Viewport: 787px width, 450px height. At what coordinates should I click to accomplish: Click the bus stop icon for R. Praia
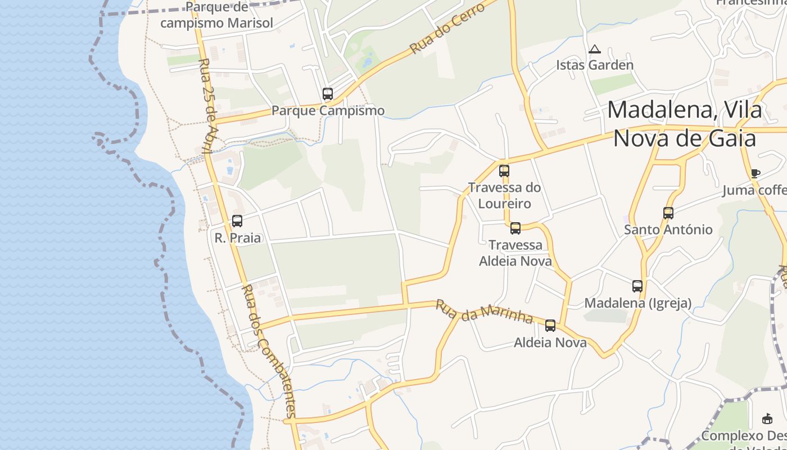(x=237, y=221)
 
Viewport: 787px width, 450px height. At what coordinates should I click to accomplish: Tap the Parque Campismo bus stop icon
(x=328, y=94)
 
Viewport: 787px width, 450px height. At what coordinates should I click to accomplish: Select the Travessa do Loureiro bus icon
(x=504, y=171)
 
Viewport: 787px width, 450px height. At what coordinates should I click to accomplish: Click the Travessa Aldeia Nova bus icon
(x=515, y=228)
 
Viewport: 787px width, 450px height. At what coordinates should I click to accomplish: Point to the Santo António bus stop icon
(x=668, y=213)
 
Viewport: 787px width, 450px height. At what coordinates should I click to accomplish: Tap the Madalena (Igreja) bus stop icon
(x=637, y=286)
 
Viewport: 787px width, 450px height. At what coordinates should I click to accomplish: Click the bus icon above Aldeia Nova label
(x=550, y=325)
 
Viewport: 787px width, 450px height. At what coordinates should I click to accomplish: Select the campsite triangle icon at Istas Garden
(x=594, y=49)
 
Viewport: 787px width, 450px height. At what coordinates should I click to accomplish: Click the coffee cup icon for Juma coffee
(x=755, y=173)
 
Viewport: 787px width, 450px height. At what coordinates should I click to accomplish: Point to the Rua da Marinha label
(x=484, y=312)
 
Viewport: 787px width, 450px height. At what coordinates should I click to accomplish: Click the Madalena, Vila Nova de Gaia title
(x=684, y=124)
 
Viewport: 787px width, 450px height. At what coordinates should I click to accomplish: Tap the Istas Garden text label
(x=595, y=65)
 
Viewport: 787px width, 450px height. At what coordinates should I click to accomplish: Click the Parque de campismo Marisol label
(x=216, y=15)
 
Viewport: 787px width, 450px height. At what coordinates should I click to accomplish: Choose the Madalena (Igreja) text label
(x=637, y=303)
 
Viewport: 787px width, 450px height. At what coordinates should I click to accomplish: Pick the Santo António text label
(x=668, y=229)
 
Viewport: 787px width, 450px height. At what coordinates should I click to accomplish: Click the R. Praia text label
(x=238, y=238)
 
